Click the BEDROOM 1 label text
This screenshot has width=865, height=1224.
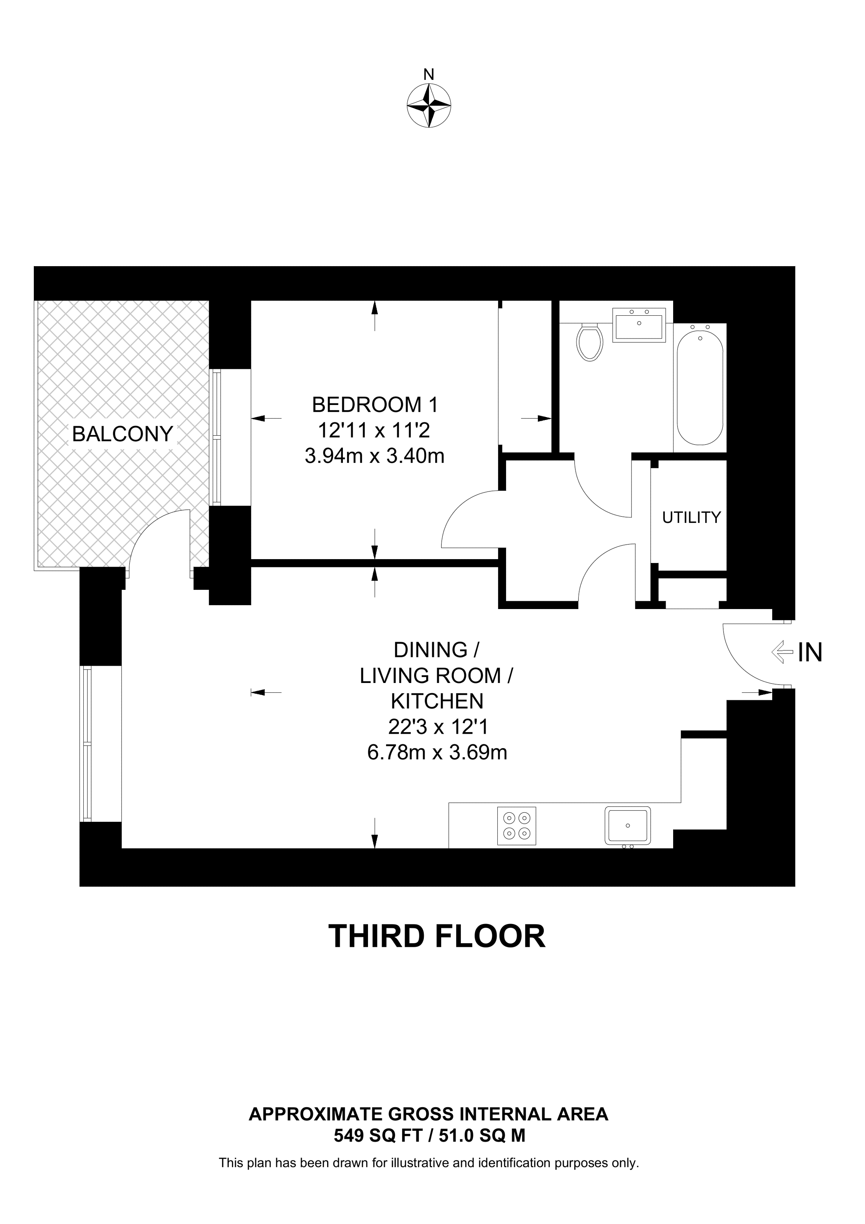pos(375,405)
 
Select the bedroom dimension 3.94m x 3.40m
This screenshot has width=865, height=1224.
pos(375,456)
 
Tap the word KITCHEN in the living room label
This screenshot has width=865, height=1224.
pos(437,701)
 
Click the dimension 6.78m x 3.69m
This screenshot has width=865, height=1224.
pos(437,752)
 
